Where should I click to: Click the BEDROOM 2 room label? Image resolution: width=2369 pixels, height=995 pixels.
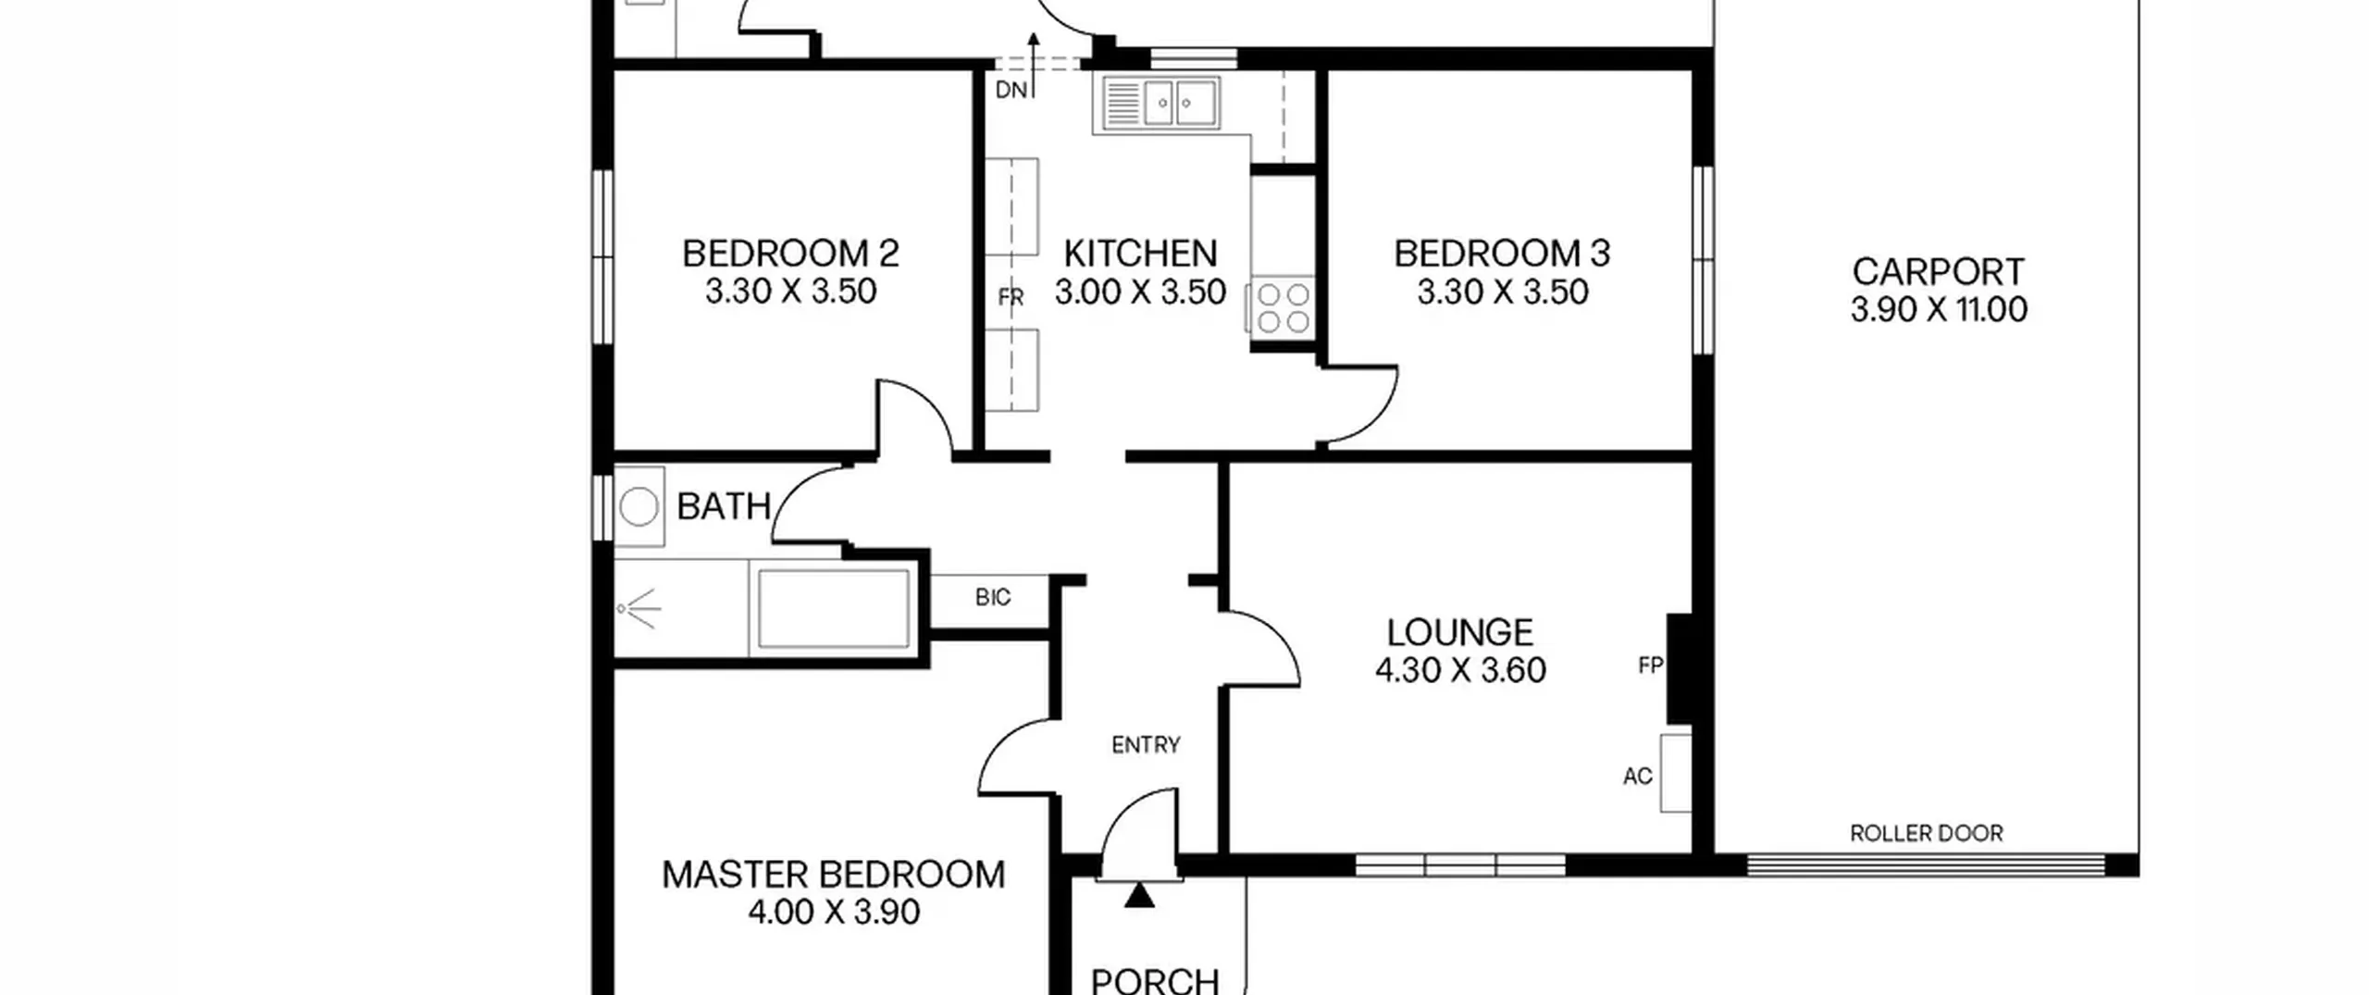[x=790, y=254]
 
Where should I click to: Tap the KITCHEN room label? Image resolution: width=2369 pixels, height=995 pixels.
[x=1140, y=254]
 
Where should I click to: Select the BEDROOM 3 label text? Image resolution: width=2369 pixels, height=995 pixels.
[x=1502, y=254]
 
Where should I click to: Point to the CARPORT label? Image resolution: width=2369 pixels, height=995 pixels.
[x=1938, y=272]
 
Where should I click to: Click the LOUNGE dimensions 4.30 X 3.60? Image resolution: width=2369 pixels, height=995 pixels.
[x=1460, y=670]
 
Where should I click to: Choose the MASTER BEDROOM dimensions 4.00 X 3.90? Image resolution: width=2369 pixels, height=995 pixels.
[x=834, y=912]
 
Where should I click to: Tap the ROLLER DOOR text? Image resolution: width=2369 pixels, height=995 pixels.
[x=1926, y=834]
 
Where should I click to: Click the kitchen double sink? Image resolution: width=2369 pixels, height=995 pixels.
[x=1161, y=103]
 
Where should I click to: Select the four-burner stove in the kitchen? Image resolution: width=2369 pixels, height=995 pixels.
[x=1283, y=308]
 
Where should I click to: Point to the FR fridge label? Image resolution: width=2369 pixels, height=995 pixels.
[x=1011, y=298]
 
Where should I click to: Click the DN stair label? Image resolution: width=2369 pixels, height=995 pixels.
[x=1011, y=90]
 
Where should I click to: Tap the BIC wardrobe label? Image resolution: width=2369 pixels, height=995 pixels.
[x=993, y=598]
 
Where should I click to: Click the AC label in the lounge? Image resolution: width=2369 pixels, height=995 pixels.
[x=1638, y=777]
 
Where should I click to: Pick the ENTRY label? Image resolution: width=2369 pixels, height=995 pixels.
[x=1146, y=745]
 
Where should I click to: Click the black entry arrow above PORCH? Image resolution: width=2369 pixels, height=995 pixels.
[x=1140, y=895]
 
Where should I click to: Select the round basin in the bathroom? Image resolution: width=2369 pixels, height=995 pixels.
[x=639, y=507]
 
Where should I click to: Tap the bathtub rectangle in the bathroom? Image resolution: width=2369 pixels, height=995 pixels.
[x=834, y=609]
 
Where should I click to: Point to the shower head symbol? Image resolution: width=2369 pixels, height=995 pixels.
[x=640, y=609]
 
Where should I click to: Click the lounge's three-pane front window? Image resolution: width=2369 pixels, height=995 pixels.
[x=1460, y=866]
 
